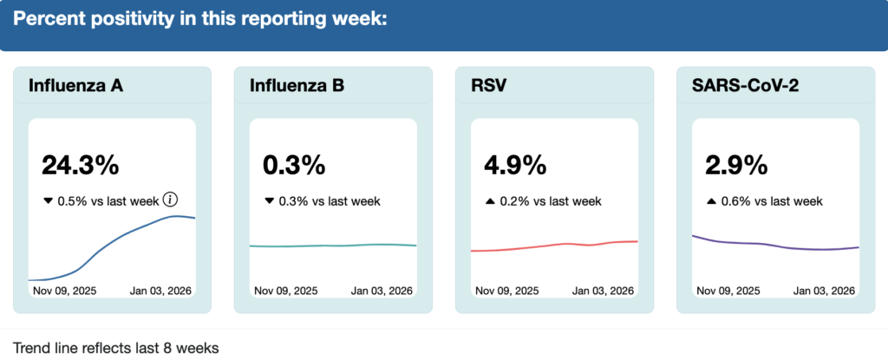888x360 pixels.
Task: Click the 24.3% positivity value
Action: coord(80,165)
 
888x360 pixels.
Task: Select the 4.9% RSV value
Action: coord(515,165)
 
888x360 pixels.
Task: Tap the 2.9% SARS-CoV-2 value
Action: coord(736,165)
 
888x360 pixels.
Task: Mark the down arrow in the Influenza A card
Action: coord(48,201)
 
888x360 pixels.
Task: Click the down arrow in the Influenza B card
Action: coord(269,201)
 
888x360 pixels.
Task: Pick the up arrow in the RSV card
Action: coord(490,201)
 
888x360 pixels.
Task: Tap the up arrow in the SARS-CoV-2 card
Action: coord(711,201)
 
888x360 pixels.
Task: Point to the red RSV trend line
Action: coord(555,245)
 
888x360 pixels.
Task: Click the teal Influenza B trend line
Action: coord(334,245)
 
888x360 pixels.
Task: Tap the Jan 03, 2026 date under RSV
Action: coord(603,291)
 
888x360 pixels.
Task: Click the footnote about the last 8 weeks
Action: coord(115,348)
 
